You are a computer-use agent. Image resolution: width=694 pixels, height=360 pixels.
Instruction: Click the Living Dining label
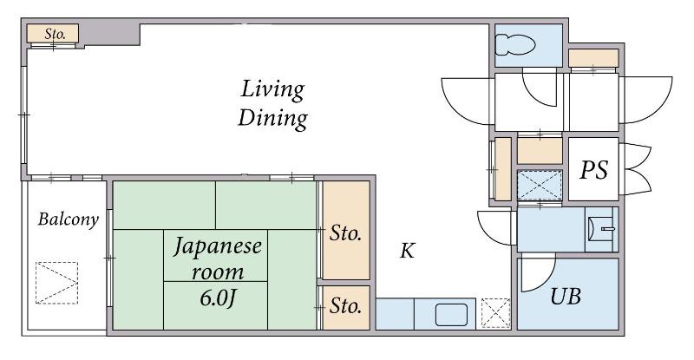click(x=272, y=103)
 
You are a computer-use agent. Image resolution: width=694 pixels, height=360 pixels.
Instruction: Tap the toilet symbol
click(x=514, y=45)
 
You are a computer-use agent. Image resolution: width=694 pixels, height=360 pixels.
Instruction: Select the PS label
click(x=593, y=170)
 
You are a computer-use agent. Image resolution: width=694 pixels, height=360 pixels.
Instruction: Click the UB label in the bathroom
click(x=566, y=296)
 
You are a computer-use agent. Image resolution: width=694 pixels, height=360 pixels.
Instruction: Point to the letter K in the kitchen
click(x=407, y=251)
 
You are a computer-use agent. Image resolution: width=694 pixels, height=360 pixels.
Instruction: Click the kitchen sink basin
click(x=451, y=315)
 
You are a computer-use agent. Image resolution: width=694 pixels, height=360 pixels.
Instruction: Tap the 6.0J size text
click(x=217, y=298)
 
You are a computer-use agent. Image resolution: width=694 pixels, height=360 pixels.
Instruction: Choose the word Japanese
click(x=218, y=246)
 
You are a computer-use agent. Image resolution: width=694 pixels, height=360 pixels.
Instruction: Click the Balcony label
click(x=68, y=219)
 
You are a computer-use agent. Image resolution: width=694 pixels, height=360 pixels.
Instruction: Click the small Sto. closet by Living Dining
click(x=53, y=33)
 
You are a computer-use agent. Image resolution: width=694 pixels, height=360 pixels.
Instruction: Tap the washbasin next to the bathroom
click(x=601, y=229)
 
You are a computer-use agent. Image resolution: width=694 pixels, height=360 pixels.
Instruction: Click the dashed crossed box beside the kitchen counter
click(x=495, y=313)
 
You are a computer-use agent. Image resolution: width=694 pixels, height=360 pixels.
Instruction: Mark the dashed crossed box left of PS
click(x=540, y=185)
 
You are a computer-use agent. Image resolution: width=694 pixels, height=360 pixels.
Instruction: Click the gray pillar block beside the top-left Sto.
click(x=111, y=34)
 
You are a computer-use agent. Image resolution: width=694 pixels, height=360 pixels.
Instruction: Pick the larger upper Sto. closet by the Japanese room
click(x=346, y=230)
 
